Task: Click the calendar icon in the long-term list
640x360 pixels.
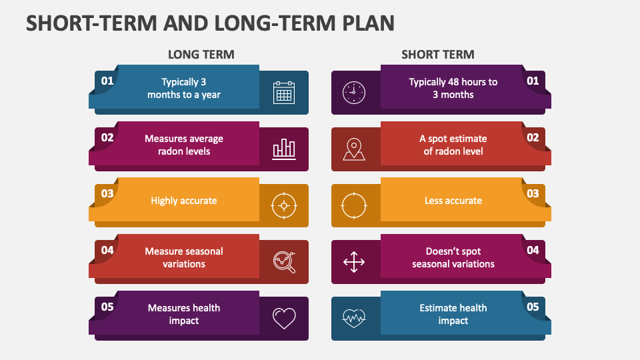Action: click(284, 93)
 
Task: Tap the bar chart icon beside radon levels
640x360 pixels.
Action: click(284, 149)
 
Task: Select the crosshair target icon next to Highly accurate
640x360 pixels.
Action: click(284, 205)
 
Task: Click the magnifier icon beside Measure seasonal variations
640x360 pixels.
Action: click(284, 262)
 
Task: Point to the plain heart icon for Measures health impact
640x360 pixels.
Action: click(284, 318)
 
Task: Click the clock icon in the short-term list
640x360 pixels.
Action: click(354, 93)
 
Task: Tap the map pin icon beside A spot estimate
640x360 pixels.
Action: click(354, 149)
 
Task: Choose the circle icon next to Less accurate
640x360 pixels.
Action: click(354, 205)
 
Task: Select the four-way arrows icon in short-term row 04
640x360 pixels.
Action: click(354, 262)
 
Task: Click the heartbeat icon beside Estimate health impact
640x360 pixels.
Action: click(354, 318)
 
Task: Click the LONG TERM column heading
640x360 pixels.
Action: click(201, 55)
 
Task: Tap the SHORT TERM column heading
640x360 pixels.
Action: click(437, 55)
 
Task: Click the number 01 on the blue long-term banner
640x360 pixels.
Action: click(107, 81)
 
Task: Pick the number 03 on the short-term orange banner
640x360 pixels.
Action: click(533, 194)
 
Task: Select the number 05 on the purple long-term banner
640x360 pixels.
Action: click(107, 307)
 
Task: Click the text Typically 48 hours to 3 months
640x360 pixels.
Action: click(453, 88)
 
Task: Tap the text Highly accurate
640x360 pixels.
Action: click(184, 201)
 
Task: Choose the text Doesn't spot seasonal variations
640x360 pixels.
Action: click(453, 257)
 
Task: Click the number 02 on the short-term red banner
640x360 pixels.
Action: click(533, 138)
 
